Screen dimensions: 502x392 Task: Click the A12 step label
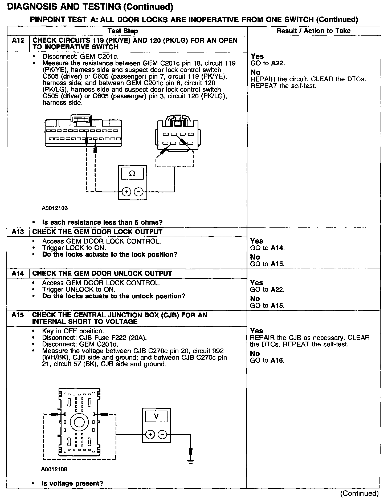(x=18, y=41)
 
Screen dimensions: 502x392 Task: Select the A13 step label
(x=18, y=232)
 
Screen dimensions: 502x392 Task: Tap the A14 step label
(x=18, y=273)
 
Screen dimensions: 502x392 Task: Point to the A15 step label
(x=18, y=315)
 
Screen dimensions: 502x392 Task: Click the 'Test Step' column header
(x=123, y=31)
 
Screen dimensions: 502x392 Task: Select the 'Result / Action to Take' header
(x=313, y=31)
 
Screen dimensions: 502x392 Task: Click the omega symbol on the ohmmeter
(x=132, y=174)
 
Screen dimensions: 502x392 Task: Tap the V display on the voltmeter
(x=156, y=416)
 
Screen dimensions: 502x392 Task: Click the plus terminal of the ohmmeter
(x=126, y=192)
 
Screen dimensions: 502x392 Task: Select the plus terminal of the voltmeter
(x=150, y=435)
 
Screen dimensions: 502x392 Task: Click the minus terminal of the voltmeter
(x=162, y=435)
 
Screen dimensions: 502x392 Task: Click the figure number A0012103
(x=55, y=208)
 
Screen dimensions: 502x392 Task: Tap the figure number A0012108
(x=54, y=469)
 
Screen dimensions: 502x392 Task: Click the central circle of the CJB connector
(x=79, y=422)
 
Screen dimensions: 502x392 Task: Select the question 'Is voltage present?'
(x=72, y=483)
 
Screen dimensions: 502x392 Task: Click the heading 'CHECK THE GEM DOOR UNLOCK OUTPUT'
(x=102, y=273)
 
